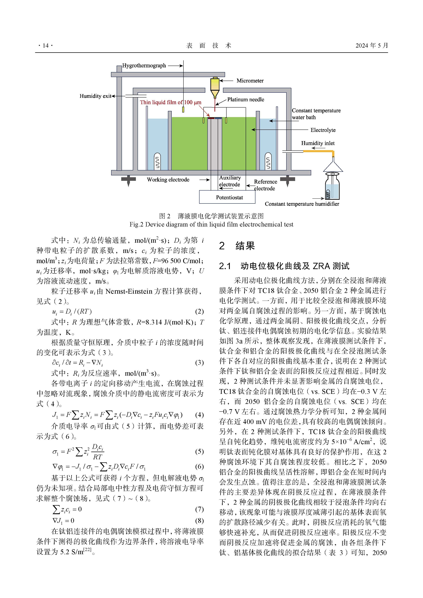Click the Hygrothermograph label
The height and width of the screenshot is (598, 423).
(144, 66)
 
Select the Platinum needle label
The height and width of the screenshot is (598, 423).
(246, 100)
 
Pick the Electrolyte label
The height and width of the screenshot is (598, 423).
(323, 130)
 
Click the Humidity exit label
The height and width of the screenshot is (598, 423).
(95, 96)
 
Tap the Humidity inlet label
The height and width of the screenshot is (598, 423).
(318, 143)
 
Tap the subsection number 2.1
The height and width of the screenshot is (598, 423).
(225, 266)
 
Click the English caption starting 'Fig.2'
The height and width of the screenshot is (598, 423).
(211, 224)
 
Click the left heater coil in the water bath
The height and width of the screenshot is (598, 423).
(157, 162)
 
